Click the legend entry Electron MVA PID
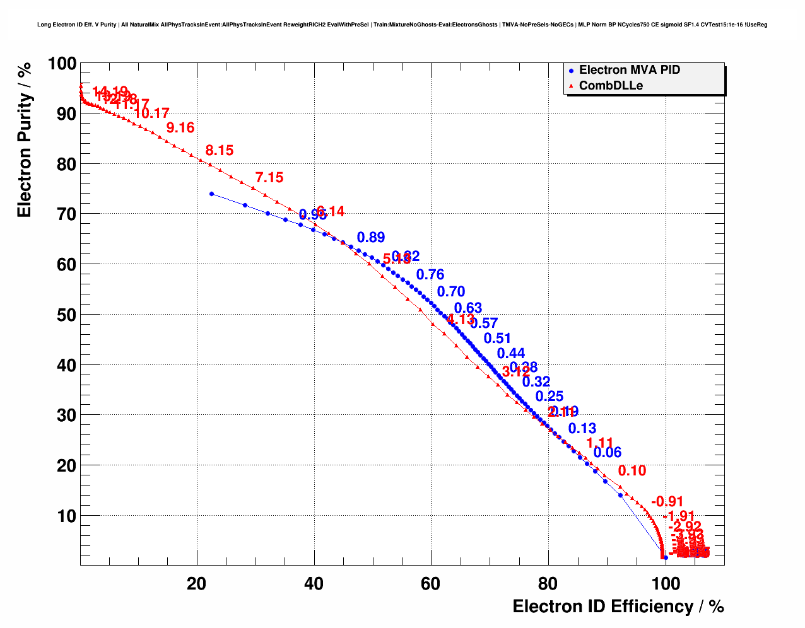[x=629, y=70]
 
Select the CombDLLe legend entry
[x=611, y=86]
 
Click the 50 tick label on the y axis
[x=62, y=315]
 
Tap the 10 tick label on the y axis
[x=66, y=516]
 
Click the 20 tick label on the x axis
[x=197, y=584]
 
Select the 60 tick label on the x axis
[x=430, y=584]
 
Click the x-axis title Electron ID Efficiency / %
[x=618, y=607]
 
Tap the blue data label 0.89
[x=371, y=238]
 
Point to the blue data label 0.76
[x=430, y=275]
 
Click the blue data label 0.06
[x=608, y=453]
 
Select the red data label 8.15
[x=220, y=151]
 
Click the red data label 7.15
[x=269, y=178]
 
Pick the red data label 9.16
[x=180, y=128]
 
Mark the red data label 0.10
[x=632, y=471]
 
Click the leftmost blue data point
[x=211, y=194]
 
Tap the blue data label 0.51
[x=497, y=339]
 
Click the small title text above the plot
[x=402, y=25]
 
